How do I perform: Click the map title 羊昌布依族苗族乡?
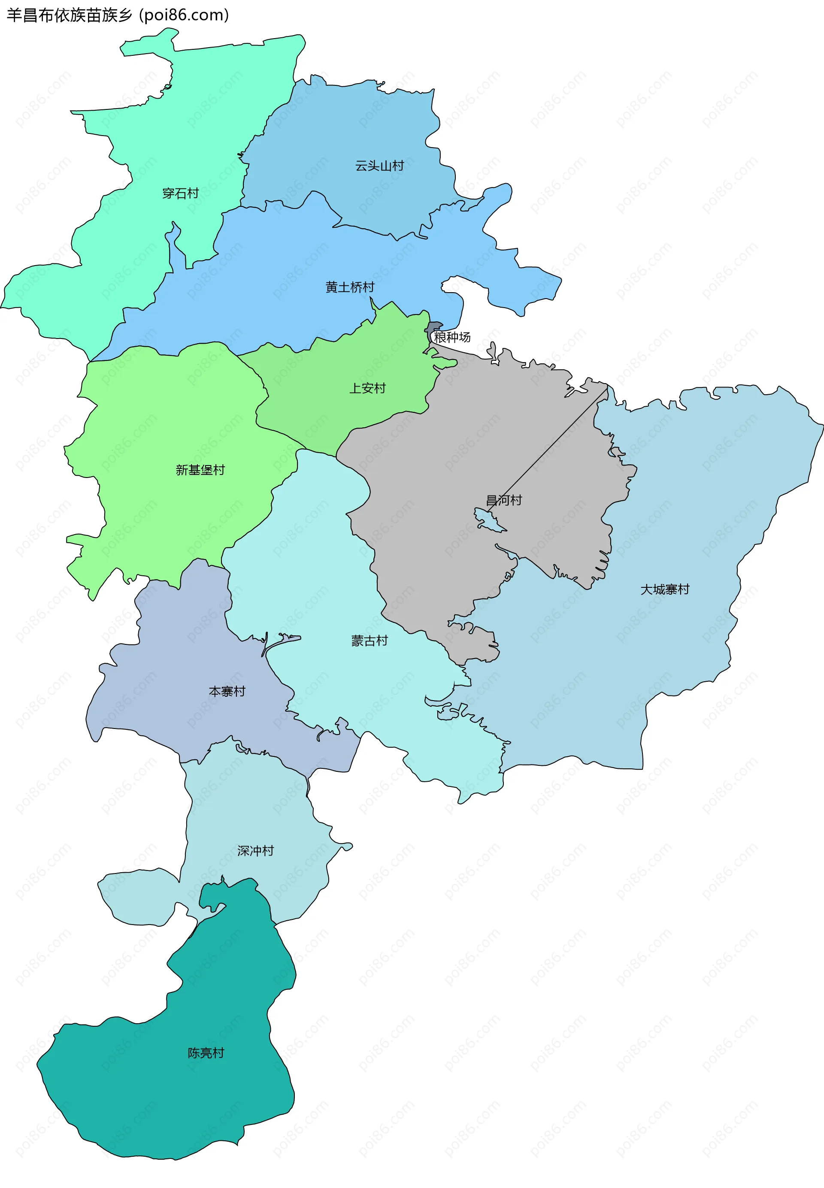pos(70,15)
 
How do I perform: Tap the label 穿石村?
pos(180,193)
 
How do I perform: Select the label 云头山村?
pos(379,166)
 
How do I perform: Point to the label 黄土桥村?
pos(349,287)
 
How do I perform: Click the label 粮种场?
pos(452,337)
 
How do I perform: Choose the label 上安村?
pos(368,388)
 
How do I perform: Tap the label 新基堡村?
pos(200,470)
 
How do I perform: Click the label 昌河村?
pos(504,499)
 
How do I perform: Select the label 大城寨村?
pos(665,589)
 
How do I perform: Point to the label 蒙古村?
pos(370,641)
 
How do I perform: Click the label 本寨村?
pos(227,691)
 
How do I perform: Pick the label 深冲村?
pos(255,850)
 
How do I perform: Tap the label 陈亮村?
pos(206,1053)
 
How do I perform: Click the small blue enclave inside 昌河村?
pos(488,520)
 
